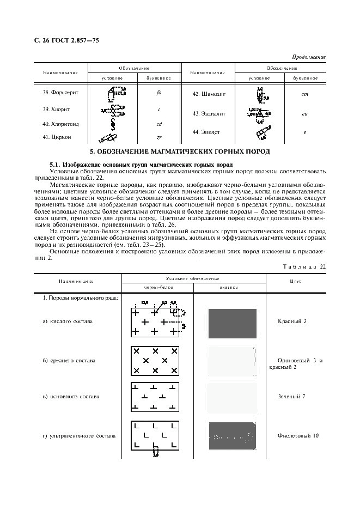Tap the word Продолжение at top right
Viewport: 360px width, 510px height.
tap(309, 57)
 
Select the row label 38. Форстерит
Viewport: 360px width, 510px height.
tap(60, 92)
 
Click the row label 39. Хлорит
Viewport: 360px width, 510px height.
tap(54, 109)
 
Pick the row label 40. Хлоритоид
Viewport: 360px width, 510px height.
tap(57, 124)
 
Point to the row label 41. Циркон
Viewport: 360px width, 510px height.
tap(57, 137)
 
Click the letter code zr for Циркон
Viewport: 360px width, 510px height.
tap(158, 137)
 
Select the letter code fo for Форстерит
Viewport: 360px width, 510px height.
tap(158, 93)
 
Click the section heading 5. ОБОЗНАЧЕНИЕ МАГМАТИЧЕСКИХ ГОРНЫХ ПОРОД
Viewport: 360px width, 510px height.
tap(180, 151)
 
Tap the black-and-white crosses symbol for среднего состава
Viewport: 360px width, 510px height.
tap(155, 360)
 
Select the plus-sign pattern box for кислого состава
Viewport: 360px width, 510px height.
tap(155, 323)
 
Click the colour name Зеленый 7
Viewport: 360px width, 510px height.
tap(291, 396)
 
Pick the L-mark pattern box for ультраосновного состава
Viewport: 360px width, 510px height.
tap(155, 435)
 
